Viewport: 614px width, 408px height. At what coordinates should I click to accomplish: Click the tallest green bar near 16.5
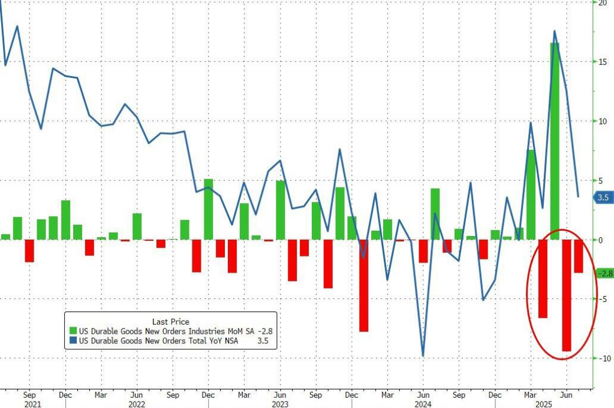tap(555, 141)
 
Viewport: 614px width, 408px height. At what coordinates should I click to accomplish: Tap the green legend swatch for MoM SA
tap(73, 331)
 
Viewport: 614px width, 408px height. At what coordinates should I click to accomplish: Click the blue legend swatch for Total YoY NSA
tap(73, 341)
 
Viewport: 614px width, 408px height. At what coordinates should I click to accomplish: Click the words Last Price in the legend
tap(171, 322)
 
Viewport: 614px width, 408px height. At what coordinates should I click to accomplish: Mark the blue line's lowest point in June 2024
tap(423, 356)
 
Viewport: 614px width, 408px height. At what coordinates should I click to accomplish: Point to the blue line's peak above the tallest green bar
tap(555, 31)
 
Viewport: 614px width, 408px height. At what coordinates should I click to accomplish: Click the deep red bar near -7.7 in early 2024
tap(363, 285)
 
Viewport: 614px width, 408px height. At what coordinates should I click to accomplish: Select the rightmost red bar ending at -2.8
tap(578, 256)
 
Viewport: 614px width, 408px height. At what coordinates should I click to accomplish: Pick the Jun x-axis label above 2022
tap(137, 395)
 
